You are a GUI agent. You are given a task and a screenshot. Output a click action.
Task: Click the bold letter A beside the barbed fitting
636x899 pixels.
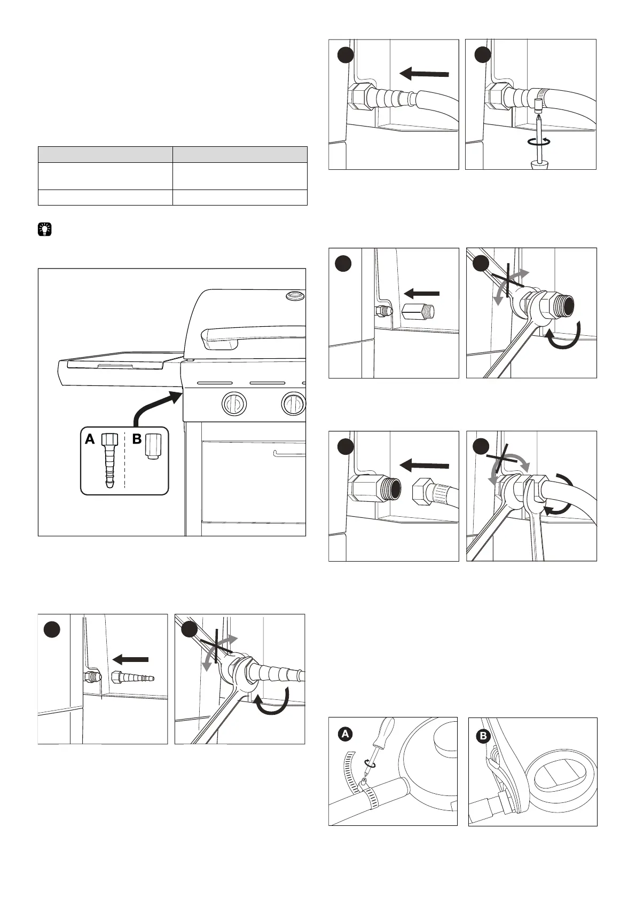point(90,439)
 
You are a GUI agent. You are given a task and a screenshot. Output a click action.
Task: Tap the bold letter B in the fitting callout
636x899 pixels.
point(137,439)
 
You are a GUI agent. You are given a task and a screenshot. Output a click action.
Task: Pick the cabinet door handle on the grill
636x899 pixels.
point(288,454)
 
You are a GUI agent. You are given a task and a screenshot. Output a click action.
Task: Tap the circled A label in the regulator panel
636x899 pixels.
point(346,734)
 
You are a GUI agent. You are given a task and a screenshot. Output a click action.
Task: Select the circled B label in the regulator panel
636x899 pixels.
point(483,737)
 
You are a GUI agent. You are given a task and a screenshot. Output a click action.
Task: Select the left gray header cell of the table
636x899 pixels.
point(105,154)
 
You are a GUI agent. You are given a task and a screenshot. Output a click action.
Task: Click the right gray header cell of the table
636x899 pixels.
point(240,154)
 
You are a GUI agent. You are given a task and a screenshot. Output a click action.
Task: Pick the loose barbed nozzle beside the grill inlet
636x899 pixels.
point(133,679)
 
